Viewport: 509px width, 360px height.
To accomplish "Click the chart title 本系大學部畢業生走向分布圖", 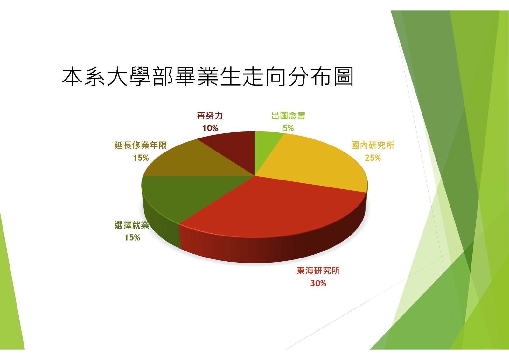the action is pyautogui.click(x=207, y=77).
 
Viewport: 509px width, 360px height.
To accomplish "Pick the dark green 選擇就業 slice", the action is pyautogui.click(x=182, y=195).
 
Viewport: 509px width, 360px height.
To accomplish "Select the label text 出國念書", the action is pyautogui.click(x=288, y=116).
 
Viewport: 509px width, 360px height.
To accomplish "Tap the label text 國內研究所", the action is pyautogui.click(x=373, y=145).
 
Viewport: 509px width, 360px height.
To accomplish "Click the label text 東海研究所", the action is pyautogui.click(x=318, y=271).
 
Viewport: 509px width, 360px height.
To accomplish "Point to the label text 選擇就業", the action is pyautogui.click(x=132, y=225).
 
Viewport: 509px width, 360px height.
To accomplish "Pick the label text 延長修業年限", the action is pyautogui.click(x=141, y=145).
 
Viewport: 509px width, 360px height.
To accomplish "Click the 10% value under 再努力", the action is pyautogui.click(x=210, y=128).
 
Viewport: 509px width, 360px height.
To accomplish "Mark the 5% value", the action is pyautogui.click(x=288, y=128).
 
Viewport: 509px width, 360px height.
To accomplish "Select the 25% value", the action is pyautogui.click(x=373, y=158).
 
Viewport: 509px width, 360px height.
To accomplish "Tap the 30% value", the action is pyautogui.click(x=318, y=283).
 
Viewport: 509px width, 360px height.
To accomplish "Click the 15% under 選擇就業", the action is pyautogui.click(x=132, y=238).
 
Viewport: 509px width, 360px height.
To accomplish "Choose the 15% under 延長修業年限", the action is pyautogui.click(x=141, y=158).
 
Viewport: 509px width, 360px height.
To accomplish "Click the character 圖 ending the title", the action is pyautogui.click(x=344, y=77).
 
